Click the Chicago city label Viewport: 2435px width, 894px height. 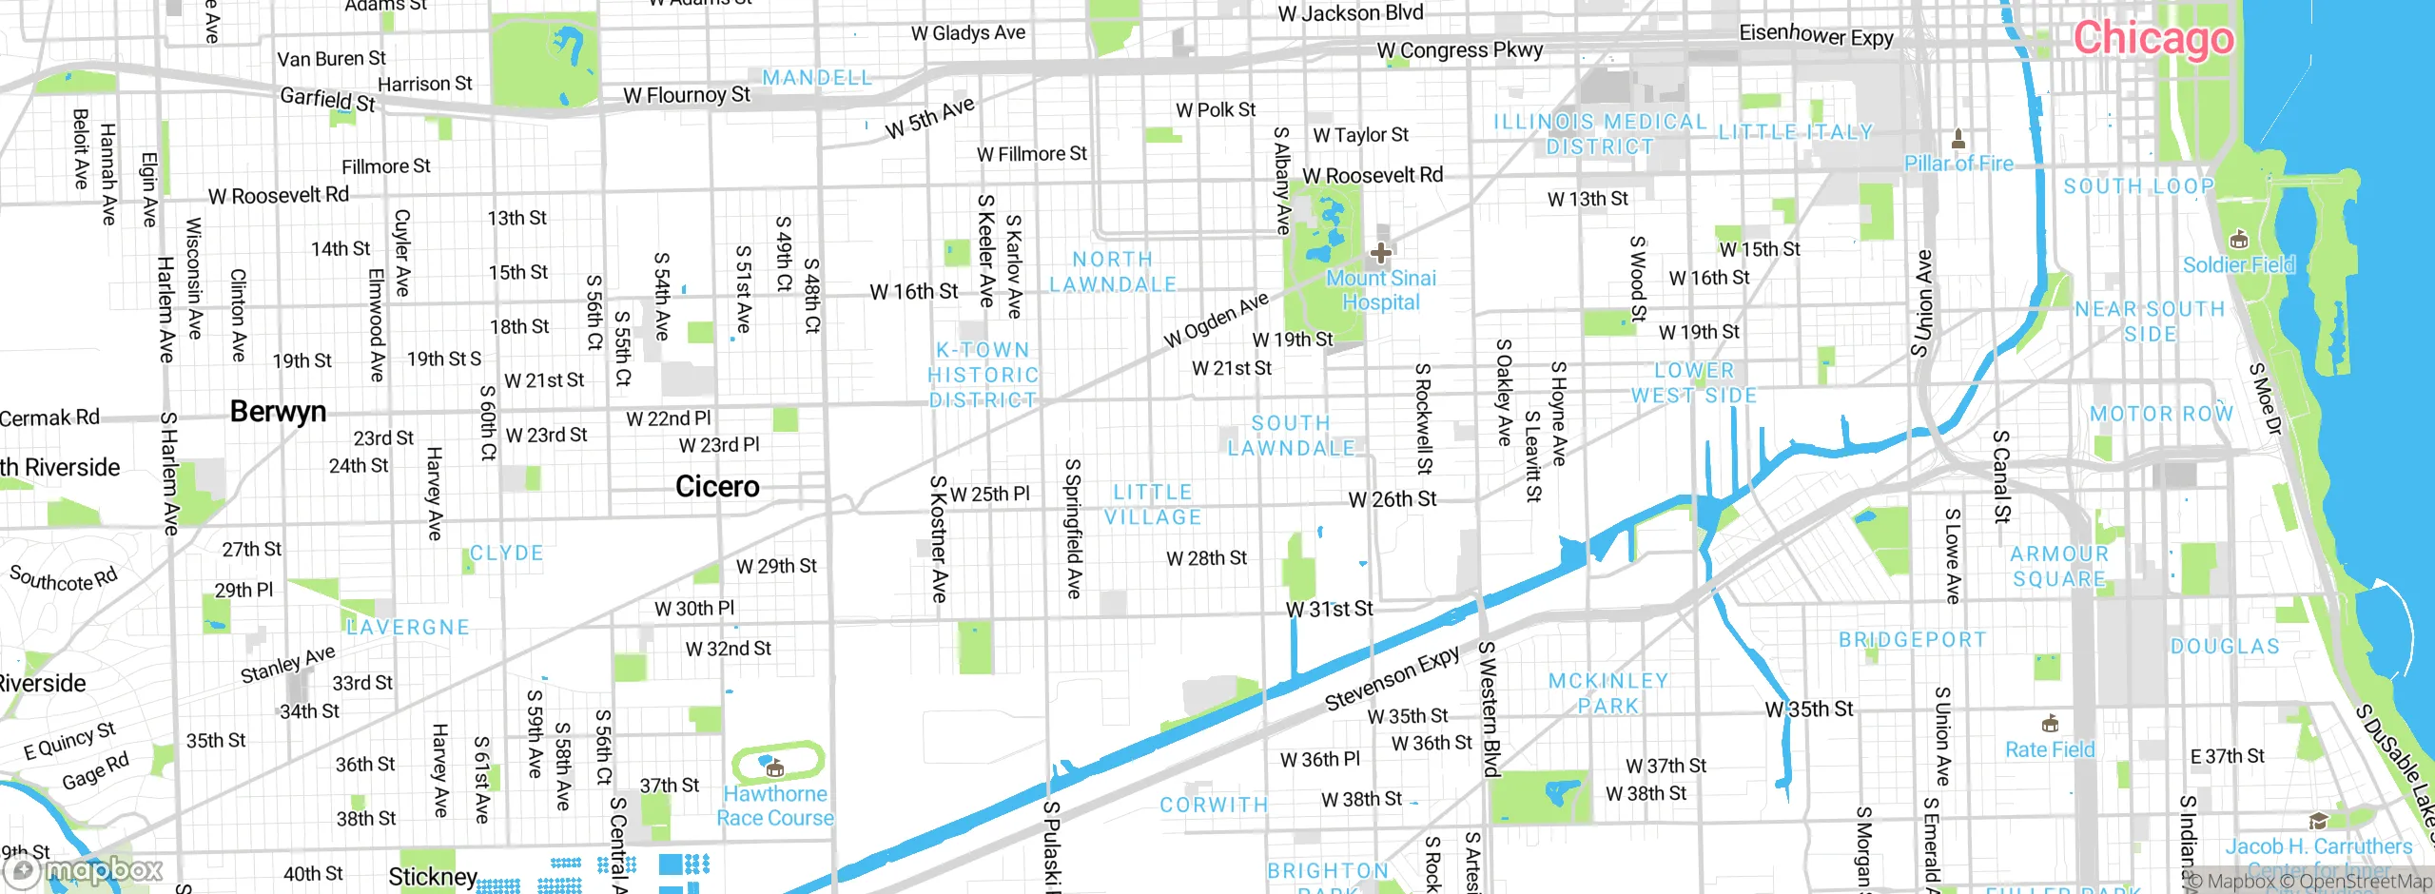(x=2153, y=38)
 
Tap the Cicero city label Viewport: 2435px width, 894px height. (x=717, y=487)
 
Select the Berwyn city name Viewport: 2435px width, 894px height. (x=278, y=412)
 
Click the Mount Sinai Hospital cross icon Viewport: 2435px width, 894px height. (x=1380, y=253)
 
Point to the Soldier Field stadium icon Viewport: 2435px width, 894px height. (x=2238, y=239)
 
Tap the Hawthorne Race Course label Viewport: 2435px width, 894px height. (x=774, y=806)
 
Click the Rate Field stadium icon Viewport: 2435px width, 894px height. (x=2050, y=724)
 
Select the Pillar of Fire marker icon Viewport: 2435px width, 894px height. (x=1958, y=140)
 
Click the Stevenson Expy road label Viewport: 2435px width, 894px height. (x=1392, y=679)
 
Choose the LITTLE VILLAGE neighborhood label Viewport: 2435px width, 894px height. (x=1153, y=505)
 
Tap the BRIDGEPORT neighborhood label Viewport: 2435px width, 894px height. (x=1912, y=640)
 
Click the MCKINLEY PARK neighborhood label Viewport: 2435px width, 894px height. (x=1607, y=693)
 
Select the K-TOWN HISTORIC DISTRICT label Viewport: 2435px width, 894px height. (x=983, y=375)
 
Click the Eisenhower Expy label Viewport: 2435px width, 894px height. (x=1816, y=35)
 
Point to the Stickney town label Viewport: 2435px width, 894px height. (x=432, y=876)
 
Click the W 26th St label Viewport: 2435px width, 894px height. (x=1392, y=499)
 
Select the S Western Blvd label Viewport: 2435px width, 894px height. (x=1489, y=709)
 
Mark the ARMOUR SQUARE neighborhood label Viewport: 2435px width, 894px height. (x=2059, y=566)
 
